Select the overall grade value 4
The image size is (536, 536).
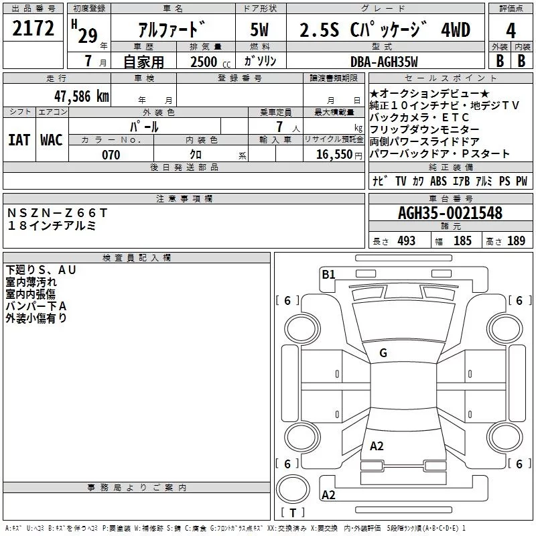click(511, 31)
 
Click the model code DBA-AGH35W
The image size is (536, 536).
click(384, 62)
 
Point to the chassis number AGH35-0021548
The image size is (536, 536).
click(450, 213)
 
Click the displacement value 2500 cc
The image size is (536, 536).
click(204, 62)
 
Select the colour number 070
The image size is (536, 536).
click(111, 155)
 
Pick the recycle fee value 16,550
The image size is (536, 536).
click(333, 155)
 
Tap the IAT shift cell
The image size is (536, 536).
click(19, 139)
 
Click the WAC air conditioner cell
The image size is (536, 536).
click(52, 139)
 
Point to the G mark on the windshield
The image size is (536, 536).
click(383, 353)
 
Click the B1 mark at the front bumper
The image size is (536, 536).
click(328, 274)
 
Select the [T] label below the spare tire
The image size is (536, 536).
click(292, 513)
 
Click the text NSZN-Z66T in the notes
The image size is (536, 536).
click(57, 212)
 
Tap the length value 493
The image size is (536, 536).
click(406, 241)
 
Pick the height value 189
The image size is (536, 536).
click(516, 241)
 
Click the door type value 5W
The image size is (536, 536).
click(261, 31)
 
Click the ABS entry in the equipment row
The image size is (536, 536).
click(438, 181)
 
